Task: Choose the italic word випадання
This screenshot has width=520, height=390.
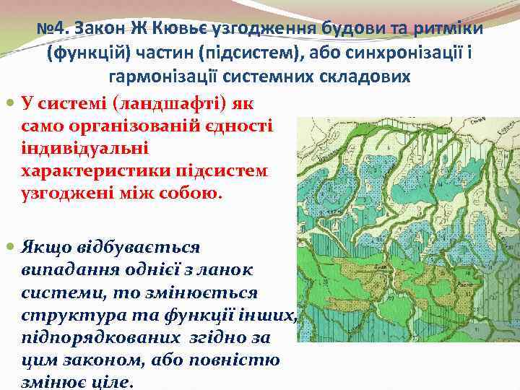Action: (x=58, y=269)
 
